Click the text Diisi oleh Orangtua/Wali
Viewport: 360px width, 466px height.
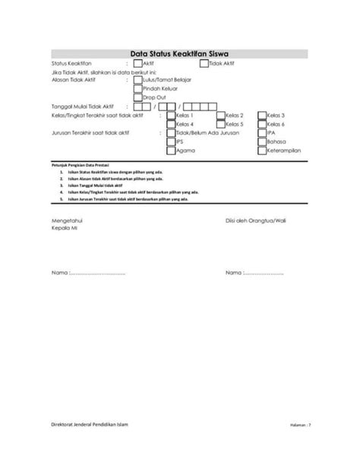click(259, 220)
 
